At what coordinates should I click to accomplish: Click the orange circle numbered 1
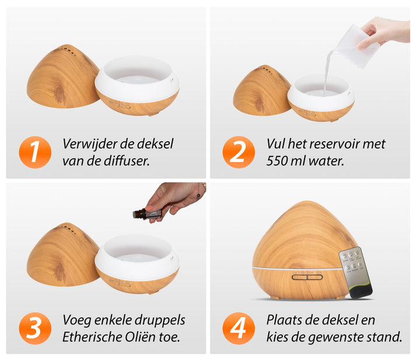click(x=35, y=152)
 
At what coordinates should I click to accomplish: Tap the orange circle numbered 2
click(x=239, y=152)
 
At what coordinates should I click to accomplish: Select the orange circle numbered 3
click(x=35, y=328)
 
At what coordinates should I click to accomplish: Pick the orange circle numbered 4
click(x=239, y=328)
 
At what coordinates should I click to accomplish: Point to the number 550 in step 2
click(x=278, y=161)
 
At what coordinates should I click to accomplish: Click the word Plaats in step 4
click(x=282, y=320)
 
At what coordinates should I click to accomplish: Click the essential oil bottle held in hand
click(x=147, y=214)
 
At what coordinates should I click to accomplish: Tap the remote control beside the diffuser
click(x=355, y=272)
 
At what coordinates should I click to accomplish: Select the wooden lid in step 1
click(x=63, y=76)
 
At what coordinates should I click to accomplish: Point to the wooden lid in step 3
click(x=63, y=255)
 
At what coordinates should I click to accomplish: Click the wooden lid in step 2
click(x=262, y=90)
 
